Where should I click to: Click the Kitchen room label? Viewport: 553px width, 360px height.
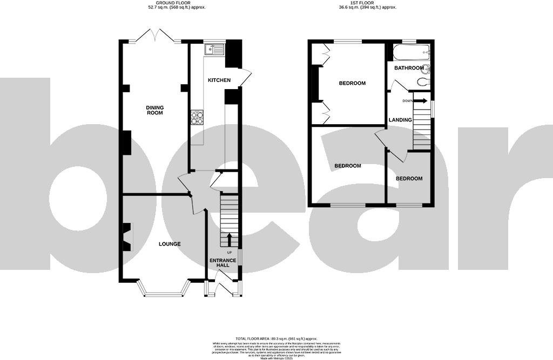[x=219, y=80]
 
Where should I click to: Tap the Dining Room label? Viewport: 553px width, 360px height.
[x=154, y=111]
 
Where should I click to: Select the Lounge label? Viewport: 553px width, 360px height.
[x=170, y=244]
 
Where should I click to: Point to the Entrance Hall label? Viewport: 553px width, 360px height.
[x=223, y=263]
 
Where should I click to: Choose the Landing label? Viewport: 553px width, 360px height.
[x=400, y=120]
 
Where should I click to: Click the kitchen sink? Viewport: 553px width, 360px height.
[x=214, y=50]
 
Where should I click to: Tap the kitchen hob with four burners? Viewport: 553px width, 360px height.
[x=197, y=117]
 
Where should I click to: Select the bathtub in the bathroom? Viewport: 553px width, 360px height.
[x=411, y=53]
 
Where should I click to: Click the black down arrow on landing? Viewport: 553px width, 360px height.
[x=421, y=100]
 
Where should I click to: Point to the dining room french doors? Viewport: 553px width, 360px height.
[x=155, y=37]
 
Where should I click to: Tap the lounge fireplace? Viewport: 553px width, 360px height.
[x=127, y=237]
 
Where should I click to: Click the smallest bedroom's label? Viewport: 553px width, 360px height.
[x=409, y=179]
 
